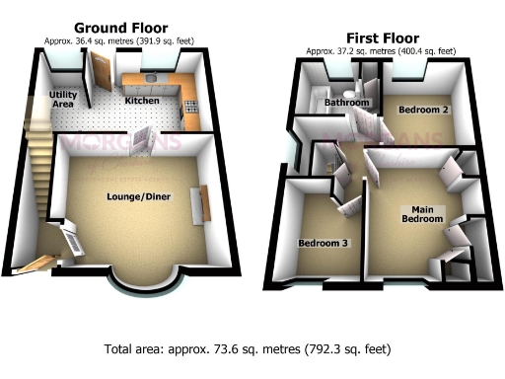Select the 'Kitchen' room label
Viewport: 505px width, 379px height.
[x=141, y=101]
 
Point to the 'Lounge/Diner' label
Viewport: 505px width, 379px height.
[x=139, y=197]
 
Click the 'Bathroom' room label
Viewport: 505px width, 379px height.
[x=349, y=103]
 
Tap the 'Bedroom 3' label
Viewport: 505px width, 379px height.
[x=323, y=242]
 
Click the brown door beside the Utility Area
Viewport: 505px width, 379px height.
[x=100, y=79]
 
